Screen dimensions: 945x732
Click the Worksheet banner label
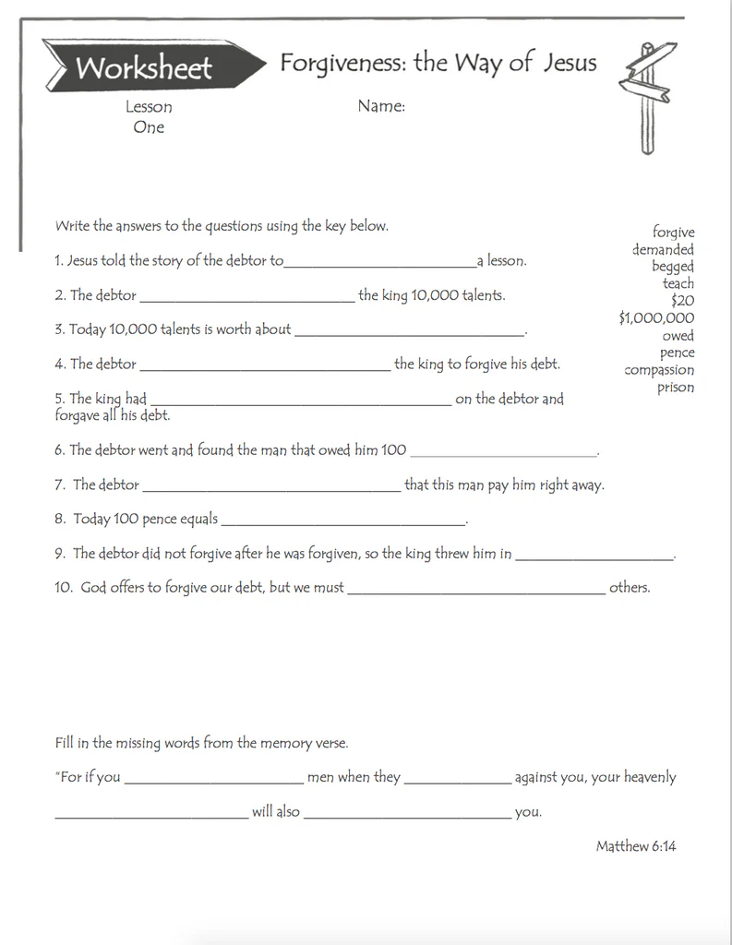[144, 67]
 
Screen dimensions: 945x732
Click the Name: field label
[381, 106]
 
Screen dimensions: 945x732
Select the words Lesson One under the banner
[149, 117]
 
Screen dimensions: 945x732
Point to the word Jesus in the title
[569, 63]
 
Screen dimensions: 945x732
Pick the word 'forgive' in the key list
[674, 233]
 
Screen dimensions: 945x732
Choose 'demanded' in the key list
[663, 249]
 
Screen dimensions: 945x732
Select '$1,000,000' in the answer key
[656, 318]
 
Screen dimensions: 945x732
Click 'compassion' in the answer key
[659, 370]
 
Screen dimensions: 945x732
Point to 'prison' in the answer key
[676, 388]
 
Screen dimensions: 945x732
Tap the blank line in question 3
[408, 333]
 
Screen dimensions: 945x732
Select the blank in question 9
[594, 558]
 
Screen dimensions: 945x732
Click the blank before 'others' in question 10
[475, 592]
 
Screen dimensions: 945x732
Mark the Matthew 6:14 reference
[636, 845]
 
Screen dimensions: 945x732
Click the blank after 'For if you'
[213, 782]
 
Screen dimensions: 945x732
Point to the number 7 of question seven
[59, 484]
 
